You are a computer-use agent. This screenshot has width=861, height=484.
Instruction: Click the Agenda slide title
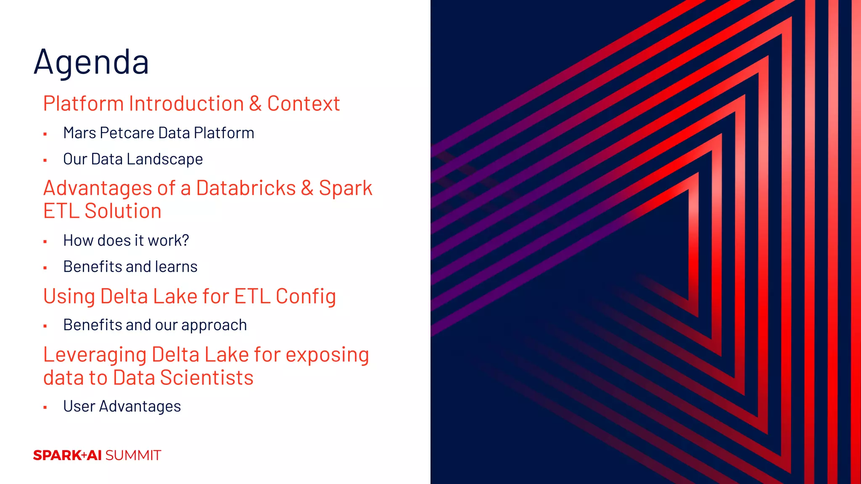(x=91, y=62)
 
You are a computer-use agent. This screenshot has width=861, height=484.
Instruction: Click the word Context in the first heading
(x=303, y=104)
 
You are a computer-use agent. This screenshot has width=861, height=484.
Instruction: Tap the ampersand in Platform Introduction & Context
(x=255, y=104)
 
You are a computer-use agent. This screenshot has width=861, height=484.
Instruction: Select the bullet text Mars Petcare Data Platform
(x=158, y=133)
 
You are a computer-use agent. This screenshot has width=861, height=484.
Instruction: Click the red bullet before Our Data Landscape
(x=45, y=160)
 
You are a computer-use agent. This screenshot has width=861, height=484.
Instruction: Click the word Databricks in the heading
(x=246, y=188)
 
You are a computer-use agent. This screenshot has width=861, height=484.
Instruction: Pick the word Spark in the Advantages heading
(x=346, y=188)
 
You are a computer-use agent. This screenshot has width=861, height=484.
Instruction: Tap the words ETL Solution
(x=102, y=211)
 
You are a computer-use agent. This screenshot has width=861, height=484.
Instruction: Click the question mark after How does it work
(x=185, y=240)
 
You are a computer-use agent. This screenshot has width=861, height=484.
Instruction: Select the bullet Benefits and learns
(x=130, y=267)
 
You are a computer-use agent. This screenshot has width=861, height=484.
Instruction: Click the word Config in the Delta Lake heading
(x=306, y=297)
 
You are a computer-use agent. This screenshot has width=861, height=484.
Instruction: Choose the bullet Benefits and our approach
(x=155, y=325)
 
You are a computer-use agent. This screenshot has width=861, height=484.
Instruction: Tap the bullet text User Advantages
(x=122, y=406)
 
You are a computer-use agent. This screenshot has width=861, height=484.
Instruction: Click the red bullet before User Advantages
(x=45, y=407)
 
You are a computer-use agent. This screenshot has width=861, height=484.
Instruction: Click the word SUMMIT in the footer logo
(x=133, y=455)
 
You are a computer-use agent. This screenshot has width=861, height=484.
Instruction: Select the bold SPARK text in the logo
(x=57, y=455)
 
